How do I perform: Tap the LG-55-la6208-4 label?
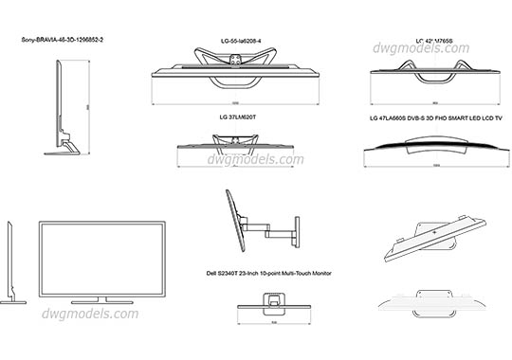click(x=234, y=41)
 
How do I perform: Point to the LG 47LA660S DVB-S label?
click(x=435, y=119)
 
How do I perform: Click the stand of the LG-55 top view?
click(x=233, y=61)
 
